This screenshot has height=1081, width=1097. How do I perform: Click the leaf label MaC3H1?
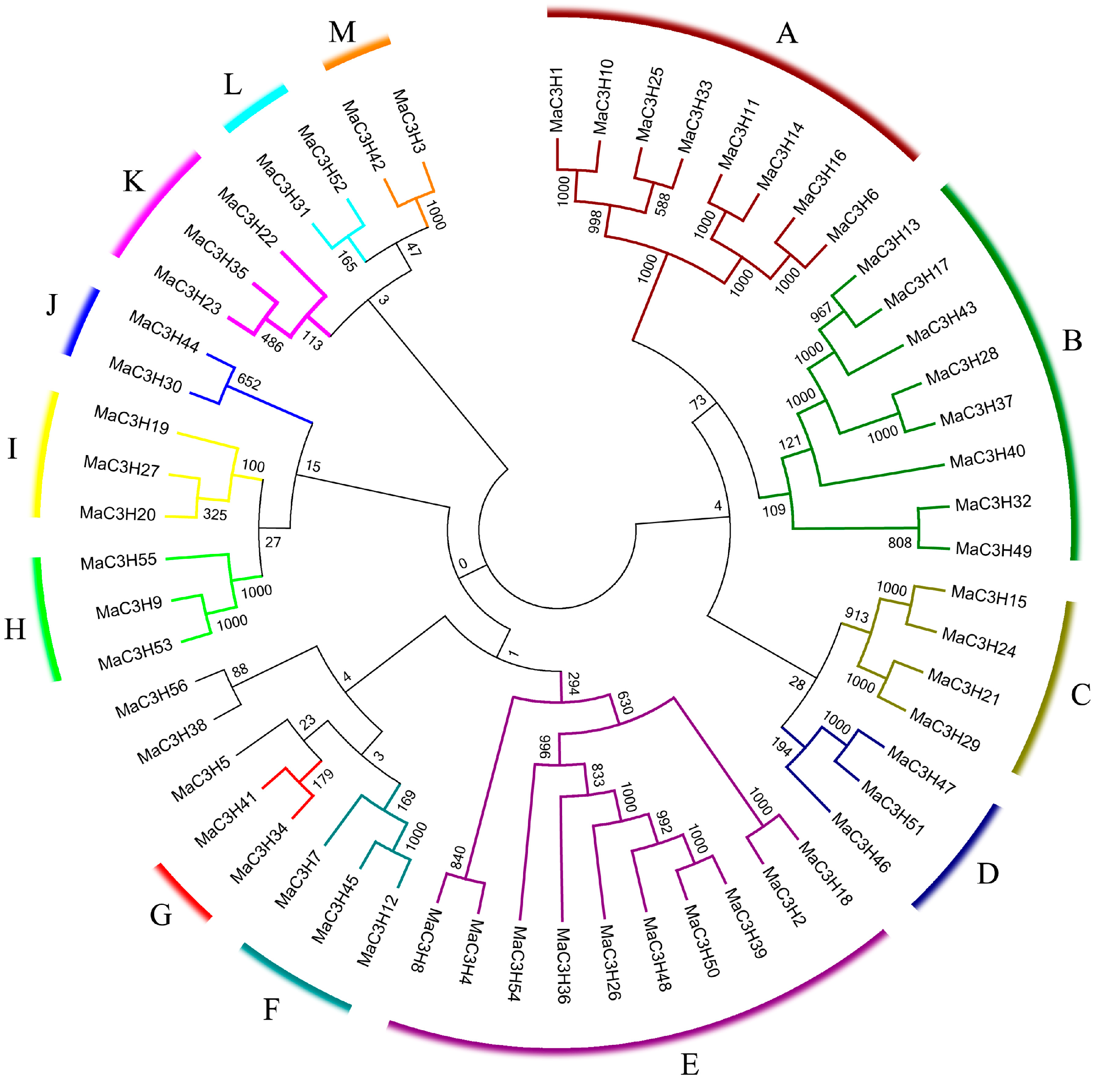(556, 100)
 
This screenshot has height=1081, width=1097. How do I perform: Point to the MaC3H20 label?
(118, 513)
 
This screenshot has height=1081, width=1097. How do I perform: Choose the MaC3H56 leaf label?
(152, 699)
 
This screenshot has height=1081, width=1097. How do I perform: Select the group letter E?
(689, 1065)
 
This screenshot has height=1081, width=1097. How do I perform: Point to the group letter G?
(161, 915)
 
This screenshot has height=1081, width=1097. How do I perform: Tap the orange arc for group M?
(357, 53)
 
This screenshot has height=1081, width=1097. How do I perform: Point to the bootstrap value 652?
(249, 381)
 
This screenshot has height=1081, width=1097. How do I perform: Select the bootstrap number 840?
(458, 857)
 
